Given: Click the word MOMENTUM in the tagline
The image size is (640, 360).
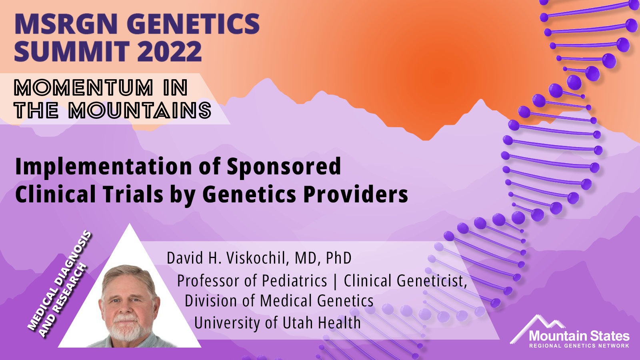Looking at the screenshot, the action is click(x=84, y=88).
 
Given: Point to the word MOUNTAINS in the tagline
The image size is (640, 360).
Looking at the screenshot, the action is click(x=140, y=110).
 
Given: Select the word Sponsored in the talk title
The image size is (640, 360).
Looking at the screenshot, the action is click(x=284, y=166).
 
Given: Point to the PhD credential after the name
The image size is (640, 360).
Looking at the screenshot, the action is click(x=338, y=258).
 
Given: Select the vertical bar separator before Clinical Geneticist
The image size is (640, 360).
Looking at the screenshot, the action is click(x=336, y=281).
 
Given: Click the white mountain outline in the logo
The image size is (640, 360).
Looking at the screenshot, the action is click(x=537, y=327).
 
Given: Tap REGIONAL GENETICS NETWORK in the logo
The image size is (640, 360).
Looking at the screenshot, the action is click(x=579, y=346).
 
